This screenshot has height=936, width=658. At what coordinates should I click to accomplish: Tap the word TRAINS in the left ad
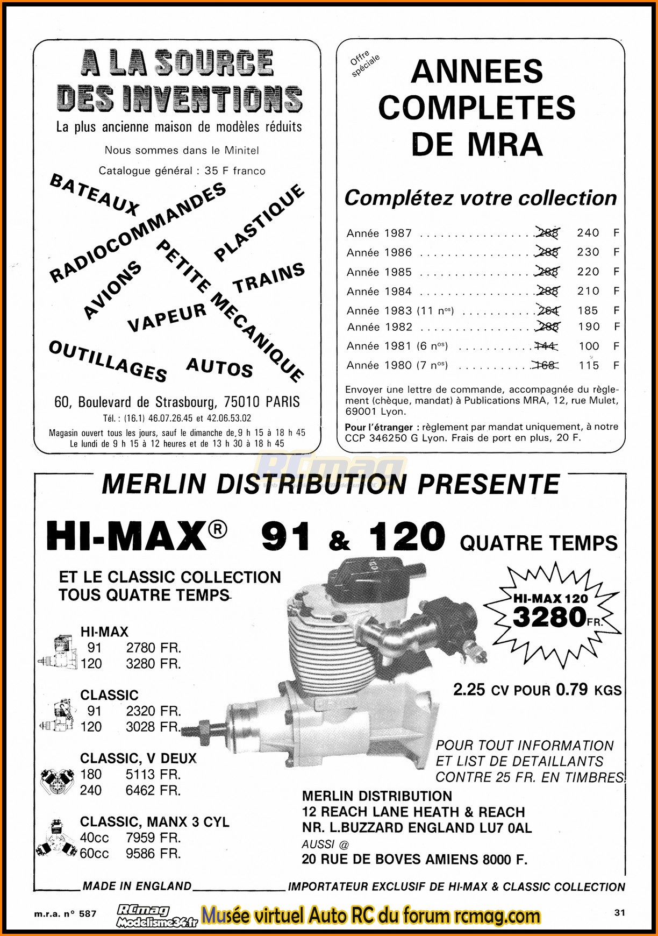click(x=268, y=278)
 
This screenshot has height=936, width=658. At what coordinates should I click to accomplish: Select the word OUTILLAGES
click(x=108, y=361)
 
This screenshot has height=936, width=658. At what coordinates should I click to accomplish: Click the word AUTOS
click(x=219, y=367)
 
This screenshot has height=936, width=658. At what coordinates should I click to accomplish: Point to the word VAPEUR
click(x=167, y=317)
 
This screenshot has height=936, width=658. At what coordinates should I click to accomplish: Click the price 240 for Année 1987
click(x=588, y=233)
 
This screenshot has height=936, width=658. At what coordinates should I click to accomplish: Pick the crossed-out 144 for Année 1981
click(x=546, y=346)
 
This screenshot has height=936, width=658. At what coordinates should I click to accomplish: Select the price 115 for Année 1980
click(x=589, y=365)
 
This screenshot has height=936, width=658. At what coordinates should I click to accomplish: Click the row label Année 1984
click(x=379, y=292)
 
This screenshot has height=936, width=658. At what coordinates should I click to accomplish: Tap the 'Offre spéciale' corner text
click(x=364, y=63)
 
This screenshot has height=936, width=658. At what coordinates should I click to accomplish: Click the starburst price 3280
click(x=549, y=617)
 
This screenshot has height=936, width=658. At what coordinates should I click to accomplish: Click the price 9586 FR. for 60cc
click(x=153, y=854)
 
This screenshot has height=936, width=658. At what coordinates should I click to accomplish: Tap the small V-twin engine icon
click(x=56, y=781)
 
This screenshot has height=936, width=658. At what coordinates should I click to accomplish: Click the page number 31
click(x=620, y=912)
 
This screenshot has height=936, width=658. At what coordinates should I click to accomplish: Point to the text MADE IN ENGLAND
click(x=137, y=886)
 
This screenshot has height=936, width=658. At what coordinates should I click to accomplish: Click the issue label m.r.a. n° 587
click(x=65, y=913)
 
